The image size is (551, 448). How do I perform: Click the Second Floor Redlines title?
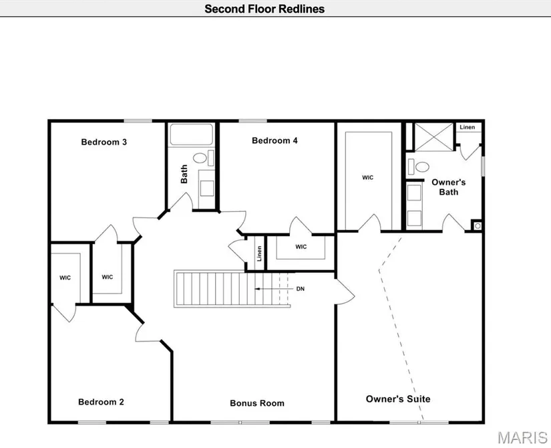264,9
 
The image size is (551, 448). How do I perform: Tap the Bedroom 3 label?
104,142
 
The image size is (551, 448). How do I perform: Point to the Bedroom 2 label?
101,402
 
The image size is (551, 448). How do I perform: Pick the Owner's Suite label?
398,399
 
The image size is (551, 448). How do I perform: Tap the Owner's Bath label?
448,187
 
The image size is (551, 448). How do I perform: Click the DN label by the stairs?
301,289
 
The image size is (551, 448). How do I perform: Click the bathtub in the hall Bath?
191,134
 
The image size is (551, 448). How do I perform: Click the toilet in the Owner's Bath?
421,166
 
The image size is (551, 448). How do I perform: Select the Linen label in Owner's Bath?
468,127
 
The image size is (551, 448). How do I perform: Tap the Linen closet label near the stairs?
258,254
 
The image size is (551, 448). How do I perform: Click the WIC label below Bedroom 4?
301,247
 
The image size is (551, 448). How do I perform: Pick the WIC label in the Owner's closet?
367,177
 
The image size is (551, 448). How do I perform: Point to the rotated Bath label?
184,175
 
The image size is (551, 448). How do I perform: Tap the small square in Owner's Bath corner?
477,225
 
